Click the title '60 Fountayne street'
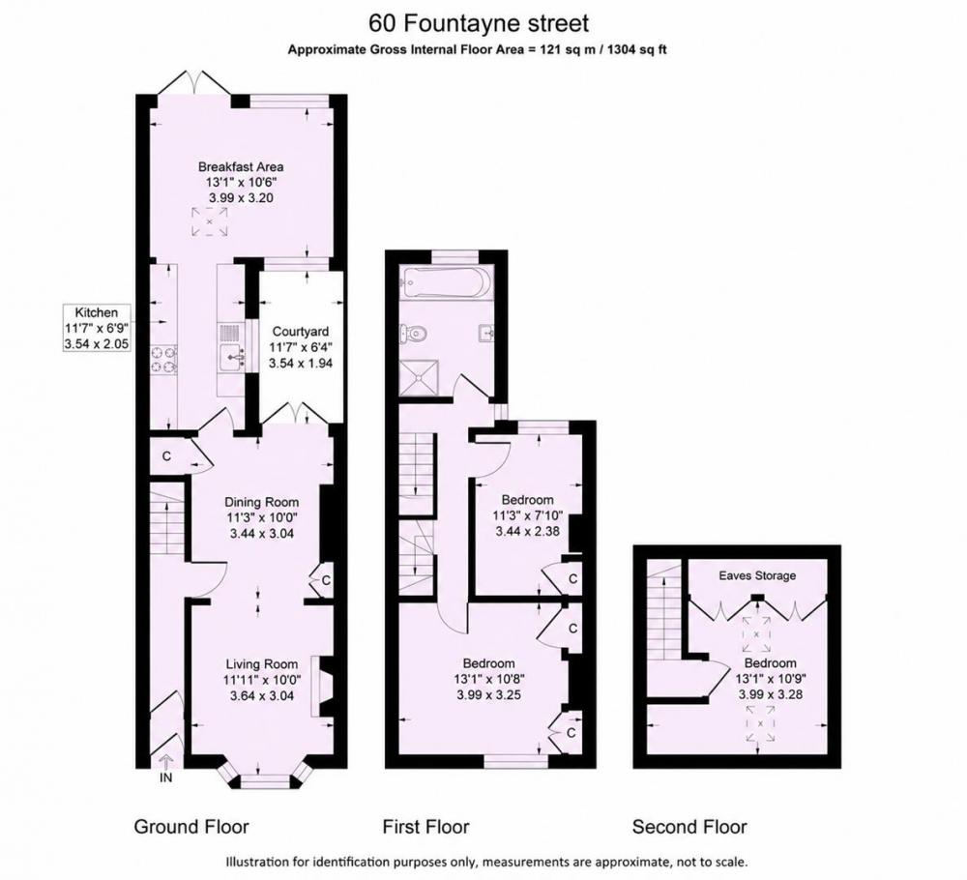[479, 23]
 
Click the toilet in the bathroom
[414, 334]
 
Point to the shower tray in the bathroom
[420, 379]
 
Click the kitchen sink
[233, 357]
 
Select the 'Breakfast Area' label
[241, 166]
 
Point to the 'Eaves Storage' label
[757, 575]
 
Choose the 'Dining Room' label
[261, 502]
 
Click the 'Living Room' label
[261, 664]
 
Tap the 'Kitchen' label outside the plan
[96, 312]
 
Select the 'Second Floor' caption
[689, 827]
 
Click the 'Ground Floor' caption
[191, 827]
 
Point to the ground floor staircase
[167, 513]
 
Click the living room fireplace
[323, 687]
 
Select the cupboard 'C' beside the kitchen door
[166, 456]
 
